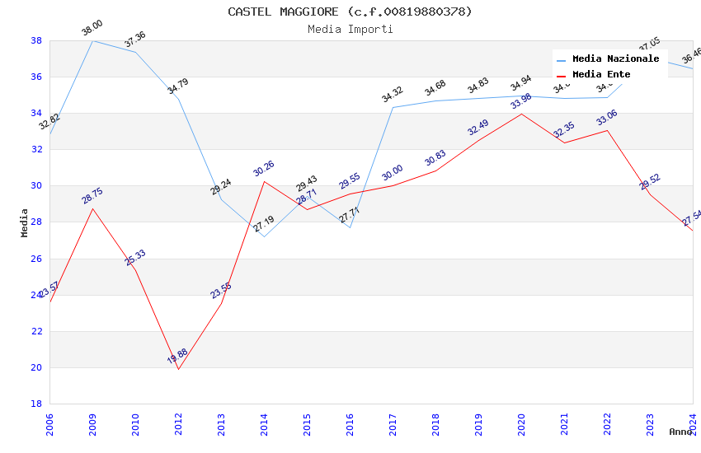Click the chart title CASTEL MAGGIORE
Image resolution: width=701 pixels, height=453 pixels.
click(350, 12)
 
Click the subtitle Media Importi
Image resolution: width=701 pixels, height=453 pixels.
click(350, 29)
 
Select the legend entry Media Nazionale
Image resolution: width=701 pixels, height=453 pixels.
click(615, 58)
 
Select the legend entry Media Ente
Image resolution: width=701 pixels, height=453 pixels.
click(601, 74)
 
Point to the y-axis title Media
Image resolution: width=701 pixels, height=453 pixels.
click(25, 222)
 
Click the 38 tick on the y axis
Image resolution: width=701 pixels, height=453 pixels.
click(36, 40)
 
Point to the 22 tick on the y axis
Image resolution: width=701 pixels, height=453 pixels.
click(36, 331)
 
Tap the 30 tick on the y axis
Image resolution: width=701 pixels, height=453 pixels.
click(36, 185)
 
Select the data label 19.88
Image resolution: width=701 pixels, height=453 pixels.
click(177, 356)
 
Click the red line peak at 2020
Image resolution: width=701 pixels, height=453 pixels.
click(521, 114)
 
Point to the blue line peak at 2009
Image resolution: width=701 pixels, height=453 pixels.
click(92, 40)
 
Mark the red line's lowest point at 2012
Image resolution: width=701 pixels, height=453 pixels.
click(178, 369)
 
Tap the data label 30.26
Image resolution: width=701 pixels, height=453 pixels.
click(264, 168)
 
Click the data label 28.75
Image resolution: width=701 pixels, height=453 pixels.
click(92, 195)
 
